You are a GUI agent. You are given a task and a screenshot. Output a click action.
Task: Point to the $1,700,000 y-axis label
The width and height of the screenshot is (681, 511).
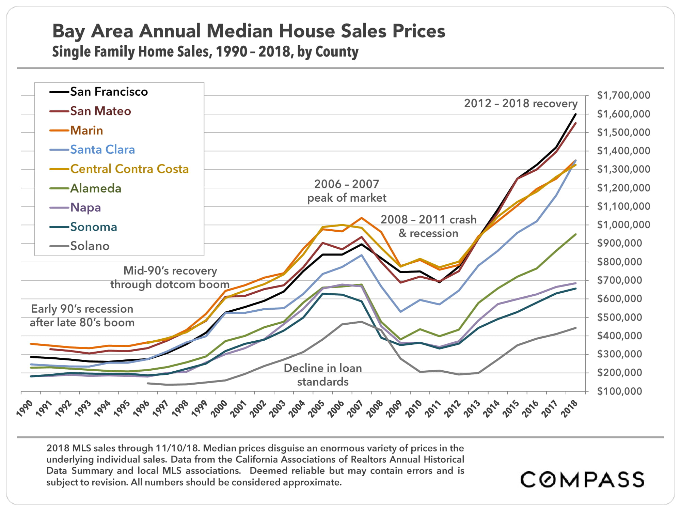[623, 95]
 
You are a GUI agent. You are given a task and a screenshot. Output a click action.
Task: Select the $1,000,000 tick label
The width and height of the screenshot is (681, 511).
[623, 225]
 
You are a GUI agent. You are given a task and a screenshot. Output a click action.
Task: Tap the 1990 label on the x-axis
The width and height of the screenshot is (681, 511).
[25, 408]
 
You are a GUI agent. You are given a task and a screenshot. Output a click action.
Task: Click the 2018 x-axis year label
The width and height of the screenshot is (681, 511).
[569, 408]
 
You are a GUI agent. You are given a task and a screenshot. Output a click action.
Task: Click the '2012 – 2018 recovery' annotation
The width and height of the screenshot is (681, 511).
[521, 104]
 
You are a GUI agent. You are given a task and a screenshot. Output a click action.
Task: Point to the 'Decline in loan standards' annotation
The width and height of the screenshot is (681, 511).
[323, 375]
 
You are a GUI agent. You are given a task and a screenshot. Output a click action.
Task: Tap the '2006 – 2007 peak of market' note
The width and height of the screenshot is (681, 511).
[347, 191]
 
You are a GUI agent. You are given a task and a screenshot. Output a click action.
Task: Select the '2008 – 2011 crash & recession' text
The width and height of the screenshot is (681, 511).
[428, 226]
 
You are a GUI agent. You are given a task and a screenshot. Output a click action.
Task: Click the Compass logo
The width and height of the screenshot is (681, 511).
[582, 479]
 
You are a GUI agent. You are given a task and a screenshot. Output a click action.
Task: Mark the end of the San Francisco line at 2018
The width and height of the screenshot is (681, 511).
[576, 114]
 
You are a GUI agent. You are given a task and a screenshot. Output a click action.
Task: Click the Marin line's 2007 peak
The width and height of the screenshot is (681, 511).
[361, 218]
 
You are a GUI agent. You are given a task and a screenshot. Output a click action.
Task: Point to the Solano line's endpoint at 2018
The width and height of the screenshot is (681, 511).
[576, 328]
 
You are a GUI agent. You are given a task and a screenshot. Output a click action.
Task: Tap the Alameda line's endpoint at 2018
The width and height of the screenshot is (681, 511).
[576, 234]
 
